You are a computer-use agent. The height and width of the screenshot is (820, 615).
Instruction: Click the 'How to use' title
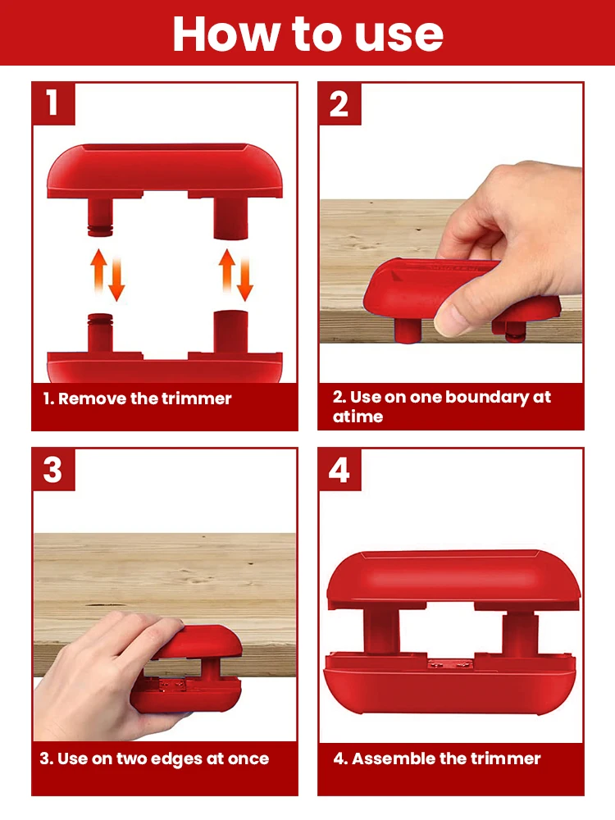[308, 34]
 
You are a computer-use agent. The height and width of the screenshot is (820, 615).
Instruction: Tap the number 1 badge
[53, 103]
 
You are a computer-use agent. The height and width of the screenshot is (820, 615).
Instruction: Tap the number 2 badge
[339, 103]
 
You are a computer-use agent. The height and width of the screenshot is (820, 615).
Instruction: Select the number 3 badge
[53, 469]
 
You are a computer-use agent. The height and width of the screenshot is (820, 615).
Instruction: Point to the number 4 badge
[339, 469]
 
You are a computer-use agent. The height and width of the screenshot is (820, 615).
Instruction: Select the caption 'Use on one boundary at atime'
[441, 407]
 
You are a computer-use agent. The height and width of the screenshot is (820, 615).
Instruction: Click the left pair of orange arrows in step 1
[107, 275]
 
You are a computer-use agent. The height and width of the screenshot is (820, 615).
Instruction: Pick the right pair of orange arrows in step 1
[236, 275]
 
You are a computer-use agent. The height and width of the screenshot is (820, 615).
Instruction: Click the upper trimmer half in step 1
[165, 172]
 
